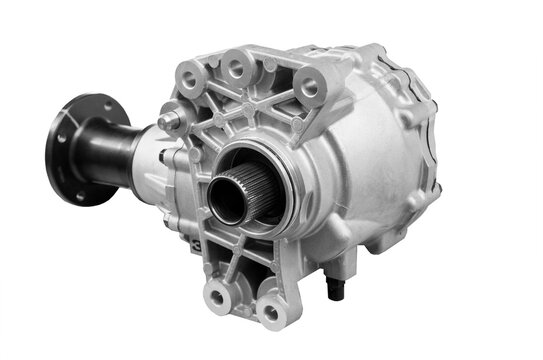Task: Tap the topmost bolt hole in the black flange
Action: coord(84,105)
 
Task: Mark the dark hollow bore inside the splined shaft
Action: coord(227,199)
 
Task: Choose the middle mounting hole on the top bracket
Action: coord(237,67)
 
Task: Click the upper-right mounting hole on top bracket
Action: coord(308,87)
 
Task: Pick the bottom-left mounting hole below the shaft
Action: coord(218,293)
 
